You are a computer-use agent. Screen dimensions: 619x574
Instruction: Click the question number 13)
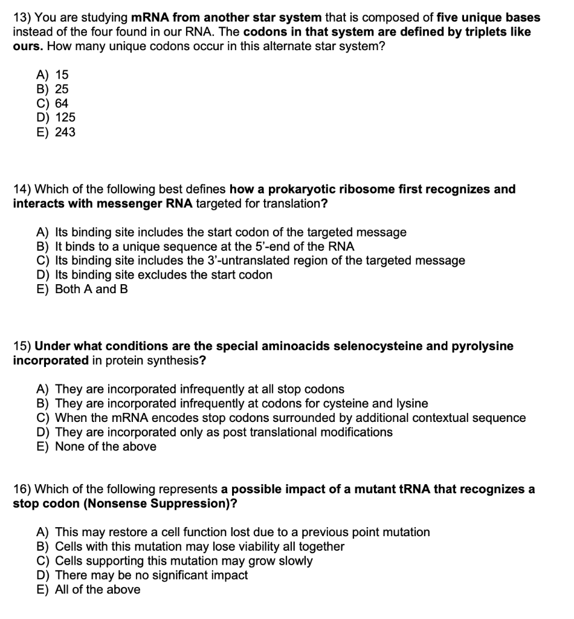tap(21, 18)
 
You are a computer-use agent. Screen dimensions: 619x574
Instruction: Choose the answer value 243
tap(65, 132)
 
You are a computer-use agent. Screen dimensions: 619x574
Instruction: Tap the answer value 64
tap(62, 103)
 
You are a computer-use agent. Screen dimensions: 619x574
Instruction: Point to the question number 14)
tap(21, 189)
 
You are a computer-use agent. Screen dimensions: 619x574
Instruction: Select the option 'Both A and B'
tap(91, 290)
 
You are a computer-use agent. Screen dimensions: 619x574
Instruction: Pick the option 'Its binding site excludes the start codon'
tap(163, 275)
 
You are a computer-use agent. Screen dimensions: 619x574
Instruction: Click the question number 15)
tap(21, 346)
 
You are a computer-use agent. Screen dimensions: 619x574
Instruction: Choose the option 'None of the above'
tap(105, 447)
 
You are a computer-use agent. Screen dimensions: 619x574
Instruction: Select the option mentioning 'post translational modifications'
tap(224, 432)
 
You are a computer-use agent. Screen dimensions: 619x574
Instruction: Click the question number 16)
tap(21, 489)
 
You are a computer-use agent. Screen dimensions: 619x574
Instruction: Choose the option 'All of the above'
tap(97, 589)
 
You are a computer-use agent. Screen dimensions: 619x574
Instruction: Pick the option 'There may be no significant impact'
tap(151, 575)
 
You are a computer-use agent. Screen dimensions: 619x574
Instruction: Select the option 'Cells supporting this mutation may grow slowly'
tap(184, 560)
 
